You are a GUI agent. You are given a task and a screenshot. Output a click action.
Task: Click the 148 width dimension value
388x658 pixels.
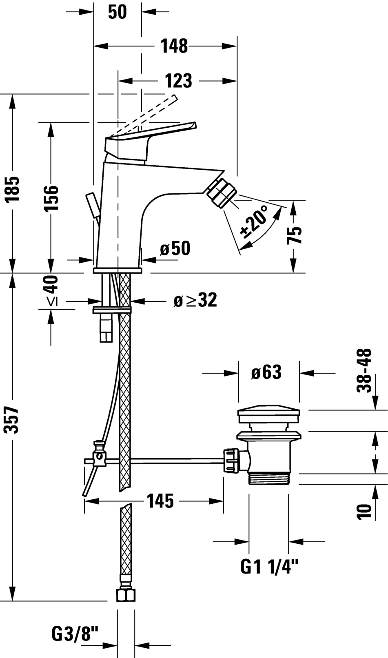pos(174,46)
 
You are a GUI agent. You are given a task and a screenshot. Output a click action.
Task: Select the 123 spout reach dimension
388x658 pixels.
pos(178,81)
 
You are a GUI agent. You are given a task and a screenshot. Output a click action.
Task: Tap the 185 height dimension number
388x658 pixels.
pos(12,189)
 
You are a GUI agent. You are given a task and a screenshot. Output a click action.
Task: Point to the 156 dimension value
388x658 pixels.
pos(51,198)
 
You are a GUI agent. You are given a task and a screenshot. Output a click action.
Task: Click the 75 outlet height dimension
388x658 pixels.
pos(294,235)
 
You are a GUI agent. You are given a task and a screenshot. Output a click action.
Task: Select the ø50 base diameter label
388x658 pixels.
pos(175,248)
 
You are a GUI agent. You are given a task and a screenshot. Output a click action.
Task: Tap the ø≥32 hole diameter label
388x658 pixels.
pos(195,300)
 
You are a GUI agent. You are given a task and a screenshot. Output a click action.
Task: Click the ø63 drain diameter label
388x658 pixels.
pos(266,372)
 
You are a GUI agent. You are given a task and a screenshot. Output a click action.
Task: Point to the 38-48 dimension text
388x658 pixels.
pos(364,370)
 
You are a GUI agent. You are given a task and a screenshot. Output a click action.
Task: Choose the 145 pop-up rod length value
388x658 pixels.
pos(160,501)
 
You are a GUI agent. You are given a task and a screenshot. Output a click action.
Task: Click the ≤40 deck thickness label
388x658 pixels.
pos(51,290)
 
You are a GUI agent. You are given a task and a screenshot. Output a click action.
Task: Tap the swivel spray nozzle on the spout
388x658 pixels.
pos(222,193)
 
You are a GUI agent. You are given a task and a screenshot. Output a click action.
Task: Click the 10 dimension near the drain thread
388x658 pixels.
pos(364,512)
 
